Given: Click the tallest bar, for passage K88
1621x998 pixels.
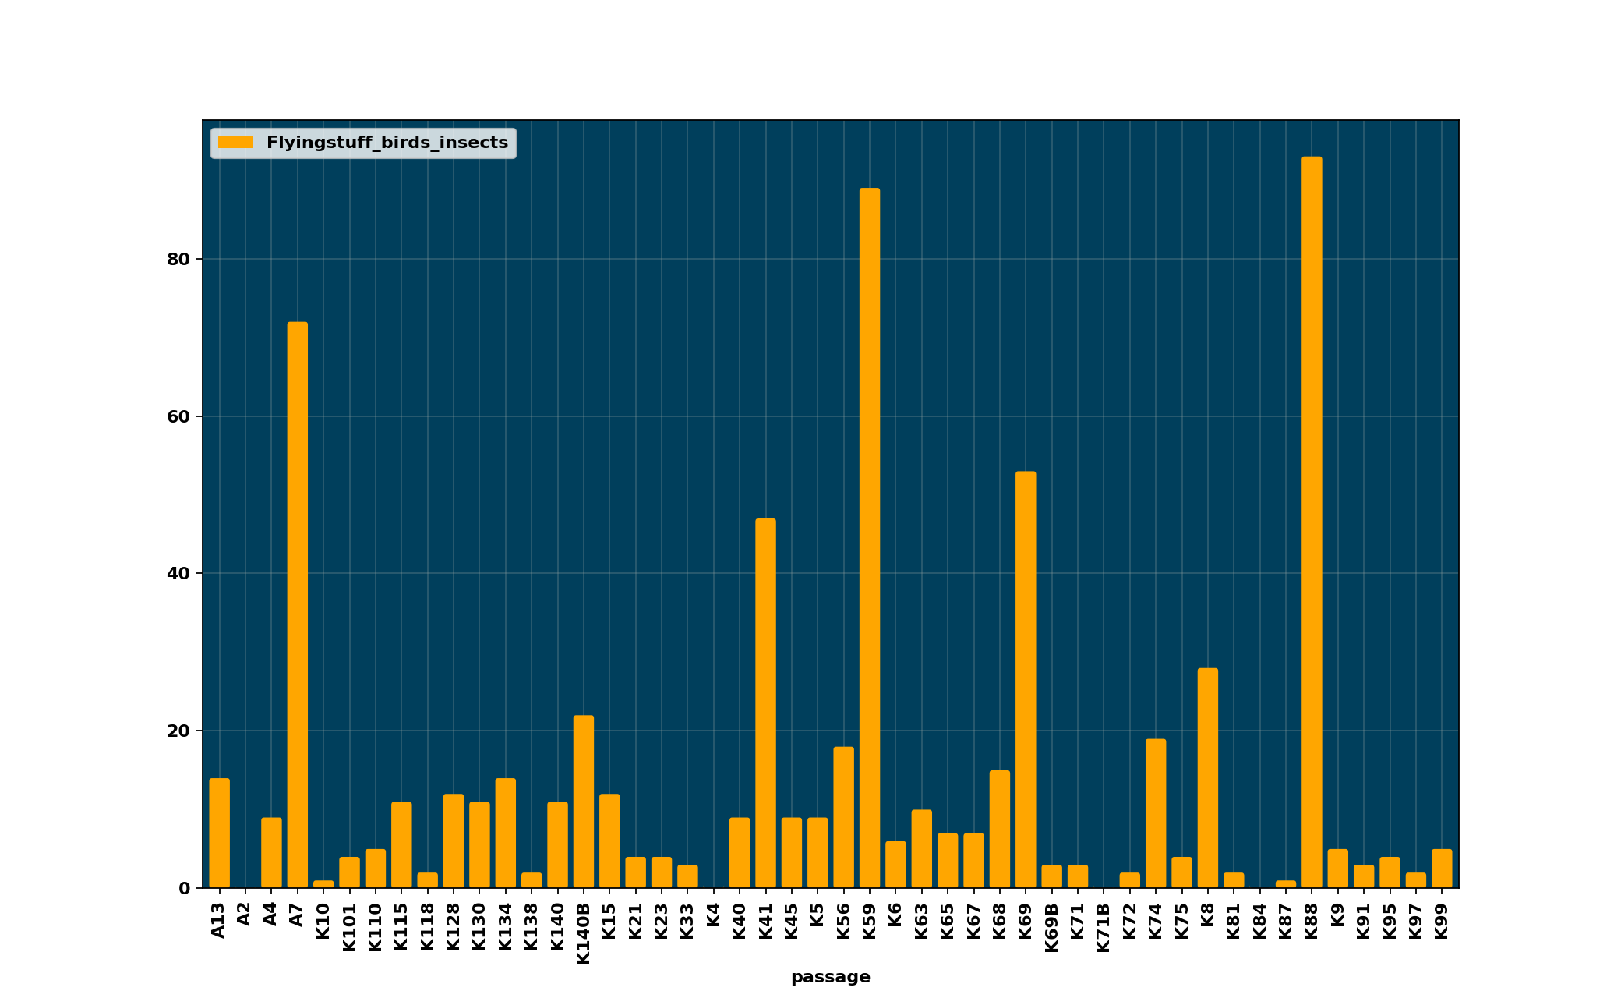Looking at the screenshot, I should pyautogui.click(x=1312, y=522).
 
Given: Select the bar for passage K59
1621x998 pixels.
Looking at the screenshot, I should pyautogui.click(x=870, y=538).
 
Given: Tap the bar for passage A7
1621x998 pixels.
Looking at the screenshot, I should pyautogui.click(x=297, y=604).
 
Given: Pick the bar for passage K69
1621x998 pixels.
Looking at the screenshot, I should pyautogui.click(x=1026, y=679).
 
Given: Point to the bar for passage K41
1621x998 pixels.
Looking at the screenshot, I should pyautogui.click(x=765, y=702).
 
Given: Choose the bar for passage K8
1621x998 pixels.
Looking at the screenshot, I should pyautogui.click(x=1208, y=777).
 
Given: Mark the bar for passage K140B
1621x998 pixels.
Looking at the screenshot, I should pyautogui.click(x=584, y=802).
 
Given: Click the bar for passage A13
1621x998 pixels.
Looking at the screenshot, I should pyautogui.click(x=219, y=833).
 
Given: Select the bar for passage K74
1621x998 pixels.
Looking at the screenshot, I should pyautogui.click(x=1156, y=813).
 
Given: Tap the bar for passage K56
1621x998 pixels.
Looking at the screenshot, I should pyautogui.click(x=843, y=817).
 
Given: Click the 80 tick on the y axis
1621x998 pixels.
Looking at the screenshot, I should pyautogui.click(x=178, y=260).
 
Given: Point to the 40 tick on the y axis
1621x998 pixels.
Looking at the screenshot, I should pyautogui.click(x=178, y=574).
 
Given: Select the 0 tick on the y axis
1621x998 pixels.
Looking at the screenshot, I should pyautogui.click(x=184, y=888).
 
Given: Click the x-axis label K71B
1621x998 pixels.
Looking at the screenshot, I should pyautogui.click(x=1104, y=927).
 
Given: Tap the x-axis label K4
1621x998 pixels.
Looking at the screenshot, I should pyautogui.click(x=713, y=915).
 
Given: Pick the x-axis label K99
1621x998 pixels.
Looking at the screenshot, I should pyautogui.click(x=1442, y=921).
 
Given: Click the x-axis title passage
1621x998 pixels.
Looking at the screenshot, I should pyautogui.click(x=830, y=977).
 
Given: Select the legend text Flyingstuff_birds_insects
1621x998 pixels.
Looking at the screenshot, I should pyautogui.click(x=387, y=143).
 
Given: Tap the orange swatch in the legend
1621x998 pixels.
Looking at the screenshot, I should pyautogui.click(x=235, y=143).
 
